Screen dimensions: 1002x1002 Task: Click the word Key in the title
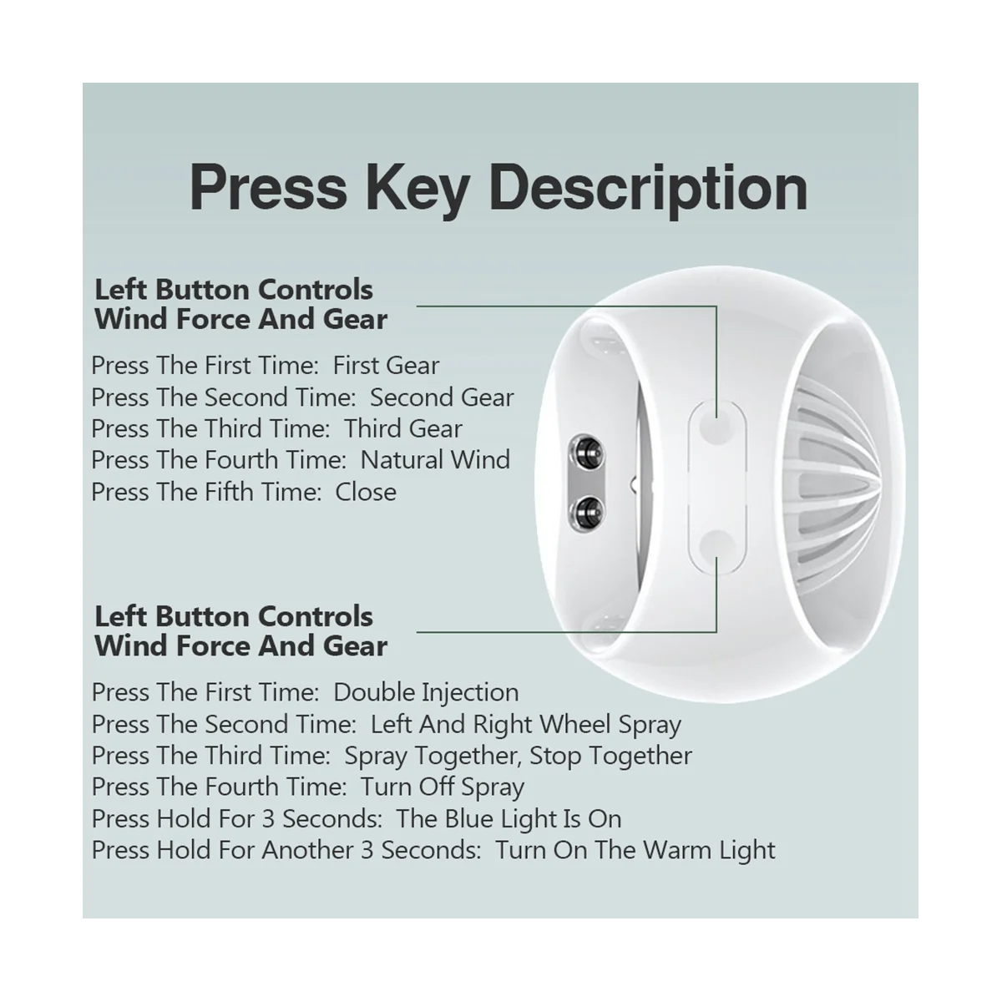coord(415,189)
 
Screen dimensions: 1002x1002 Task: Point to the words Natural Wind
coord(435,460)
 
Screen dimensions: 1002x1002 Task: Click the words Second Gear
coord(442,397)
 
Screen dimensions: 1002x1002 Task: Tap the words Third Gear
coord(403,428)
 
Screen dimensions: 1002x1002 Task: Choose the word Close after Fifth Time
coord(366,492)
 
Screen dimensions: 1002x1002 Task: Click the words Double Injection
coord(426,692)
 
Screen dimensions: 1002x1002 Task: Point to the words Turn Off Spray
coord(443,787)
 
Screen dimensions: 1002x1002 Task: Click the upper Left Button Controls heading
coord(234,290)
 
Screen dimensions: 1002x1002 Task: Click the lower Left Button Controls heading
coord(234,616)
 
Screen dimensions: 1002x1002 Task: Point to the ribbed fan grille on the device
coord(843,484)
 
